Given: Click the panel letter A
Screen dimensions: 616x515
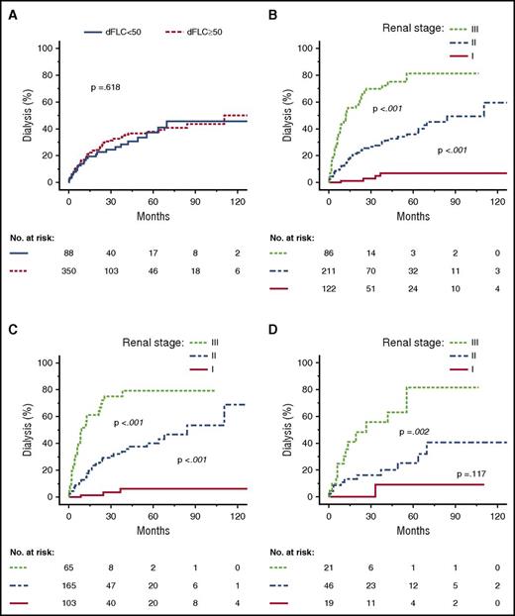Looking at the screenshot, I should point(8,8).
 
